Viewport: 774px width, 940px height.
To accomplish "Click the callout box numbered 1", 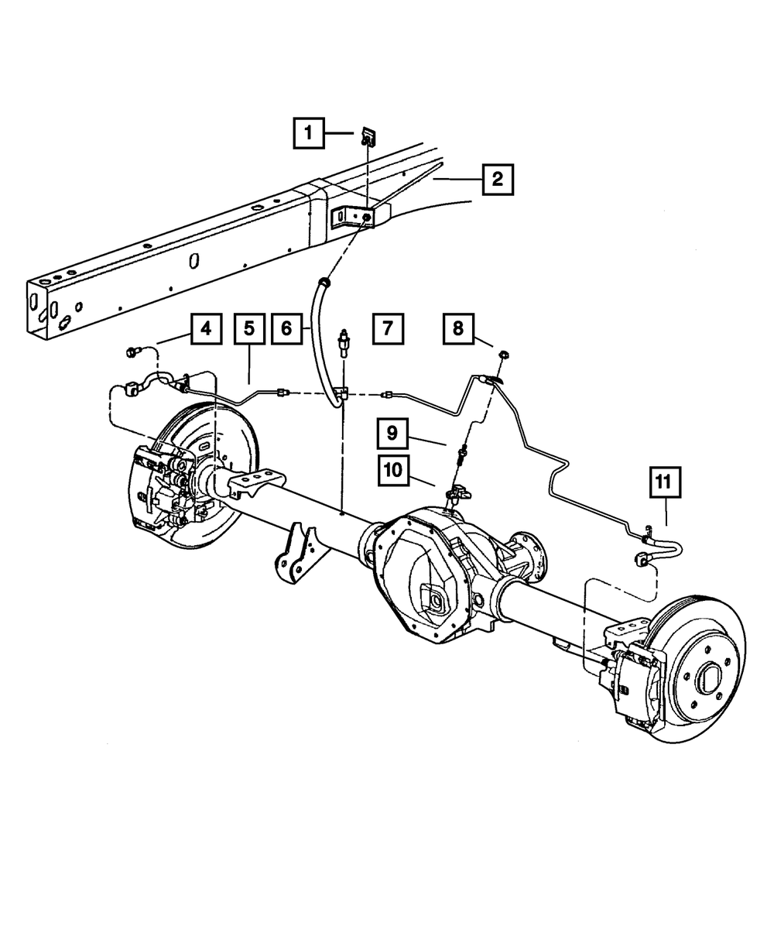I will [308, 133].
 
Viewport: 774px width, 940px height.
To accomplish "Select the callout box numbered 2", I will [496, 180].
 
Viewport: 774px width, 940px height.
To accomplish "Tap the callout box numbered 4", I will [205, 328].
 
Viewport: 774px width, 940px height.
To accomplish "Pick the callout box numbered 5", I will [249, 328].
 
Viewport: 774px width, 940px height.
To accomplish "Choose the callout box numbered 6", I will [286, 328].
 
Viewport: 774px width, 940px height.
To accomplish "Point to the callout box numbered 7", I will [387, 328].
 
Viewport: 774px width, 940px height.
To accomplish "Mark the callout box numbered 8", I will [458, 328].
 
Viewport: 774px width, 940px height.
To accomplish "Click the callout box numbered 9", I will [393, 433].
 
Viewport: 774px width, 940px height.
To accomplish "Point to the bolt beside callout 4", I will [130, 354].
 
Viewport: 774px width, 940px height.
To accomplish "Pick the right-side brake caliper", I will [631, 681].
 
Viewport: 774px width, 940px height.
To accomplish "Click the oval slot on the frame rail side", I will [195, 262].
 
